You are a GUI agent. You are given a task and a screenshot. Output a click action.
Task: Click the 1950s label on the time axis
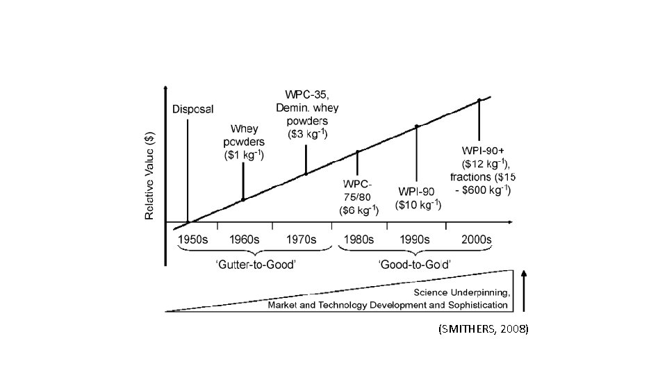coord(192,240)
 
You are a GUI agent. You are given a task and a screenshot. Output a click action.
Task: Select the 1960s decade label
coord(244,240)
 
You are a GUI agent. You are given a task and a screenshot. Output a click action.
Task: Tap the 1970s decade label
coord(301,240)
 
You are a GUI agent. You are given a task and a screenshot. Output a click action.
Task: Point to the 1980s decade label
coord(359,240)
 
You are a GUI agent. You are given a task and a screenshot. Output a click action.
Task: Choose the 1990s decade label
coord(414,240)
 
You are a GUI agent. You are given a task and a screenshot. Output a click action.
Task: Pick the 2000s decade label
coord(477,240)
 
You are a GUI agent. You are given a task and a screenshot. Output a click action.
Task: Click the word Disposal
coord(192,109)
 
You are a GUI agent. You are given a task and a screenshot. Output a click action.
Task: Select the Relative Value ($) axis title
coord(149,176)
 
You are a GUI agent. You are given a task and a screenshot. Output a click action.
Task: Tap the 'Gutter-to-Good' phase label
coord(256,265)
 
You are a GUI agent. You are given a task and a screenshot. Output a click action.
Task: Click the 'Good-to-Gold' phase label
coord(414,265)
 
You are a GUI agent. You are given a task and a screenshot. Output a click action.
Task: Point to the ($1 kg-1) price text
coord(244,155)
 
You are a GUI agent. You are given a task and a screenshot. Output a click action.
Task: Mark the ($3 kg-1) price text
coord(308,134)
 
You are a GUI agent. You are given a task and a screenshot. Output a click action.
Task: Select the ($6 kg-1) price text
coord(359,210)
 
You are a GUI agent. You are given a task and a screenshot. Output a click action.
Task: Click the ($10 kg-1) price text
coord(418,205)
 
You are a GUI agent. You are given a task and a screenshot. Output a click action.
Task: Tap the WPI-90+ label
coord(483,151)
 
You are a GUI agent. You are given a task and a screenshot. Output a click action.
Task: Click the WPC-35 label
coord(306,94)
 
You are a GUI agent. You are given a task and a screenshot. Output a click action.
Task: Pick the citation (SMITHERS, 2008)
coord(484,328)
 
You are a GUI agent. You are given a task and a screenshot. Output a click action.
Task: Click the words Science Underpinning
coord(462,292)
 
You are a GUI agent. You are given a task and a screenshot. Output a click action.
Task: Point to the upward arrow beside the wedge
coord(524,291)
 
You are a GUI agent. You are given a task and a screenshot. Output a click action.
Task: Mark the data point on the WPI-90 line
coord(416,126)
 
